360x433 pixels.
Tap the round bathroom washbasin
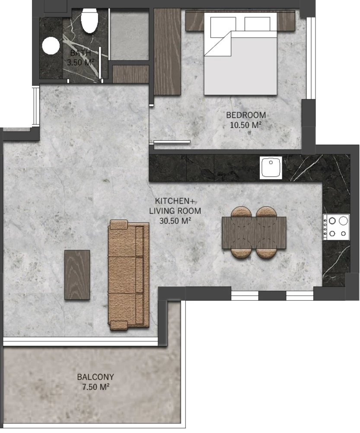(51, 45)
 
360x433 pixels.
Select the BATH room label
(80, 53)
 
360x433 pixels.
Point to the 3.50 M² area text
(81, 62)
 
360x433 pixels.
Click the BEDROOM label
(246, 115)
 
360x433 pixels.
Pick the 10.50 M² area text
(246, 125)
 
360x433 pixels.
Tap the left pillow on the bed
(223, 27)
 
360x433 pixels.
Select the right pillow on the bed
(257, 24)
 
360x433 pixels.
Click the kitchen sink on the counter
(271, 168)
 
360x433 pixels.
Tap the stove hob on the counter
(337, 227)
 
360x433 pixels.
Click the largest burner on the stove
(343, 221)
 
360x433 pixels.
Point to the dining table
(254, 233)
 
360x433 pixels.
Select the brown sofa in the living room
(129, 275)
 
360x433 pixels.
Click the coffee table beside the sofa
(77, 275)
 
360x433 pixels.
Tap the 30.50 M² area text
(175, 221)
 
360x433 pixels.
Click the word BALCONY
(96, 377)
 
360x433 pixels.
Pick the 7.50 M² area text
(96, 387)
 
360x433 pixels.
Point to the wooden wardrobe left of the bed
(167, 51)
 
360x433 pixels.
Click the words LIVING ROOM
(175, 211)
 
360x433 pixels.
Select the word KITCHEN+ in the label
(173, 201)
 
